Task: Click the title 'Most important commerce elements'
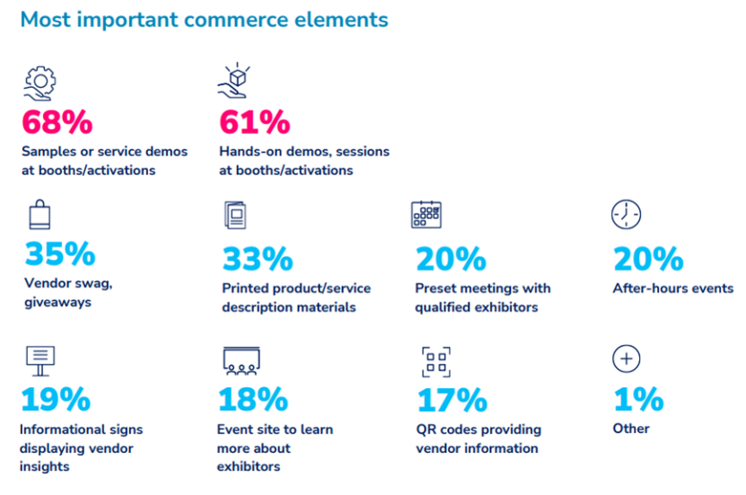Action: [x=204, y=19]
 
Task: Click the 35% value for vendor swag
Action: [x=59, y=255]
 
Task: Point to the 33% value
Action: [x=257, y=260]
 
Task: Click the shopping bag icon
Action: [x=39, y=216]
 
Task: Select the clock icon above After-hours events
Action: [x=626, y=215]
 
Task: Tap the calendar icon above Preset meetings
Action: [x=426, y=215]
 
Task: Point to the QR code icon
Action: [x=436, y=360]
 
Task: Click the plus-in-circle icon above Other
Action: [x=626, y=359]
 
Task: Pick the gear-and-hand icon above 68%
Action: [x=39, y=82]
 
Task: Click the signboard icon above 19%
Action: [x=40, y=360]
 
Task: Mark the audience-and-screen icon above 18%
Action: [x=241, y=360]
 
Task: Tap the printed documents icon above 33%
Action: [x=235, y=216]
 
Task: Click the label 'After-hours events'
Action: [x=672, y=288]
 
